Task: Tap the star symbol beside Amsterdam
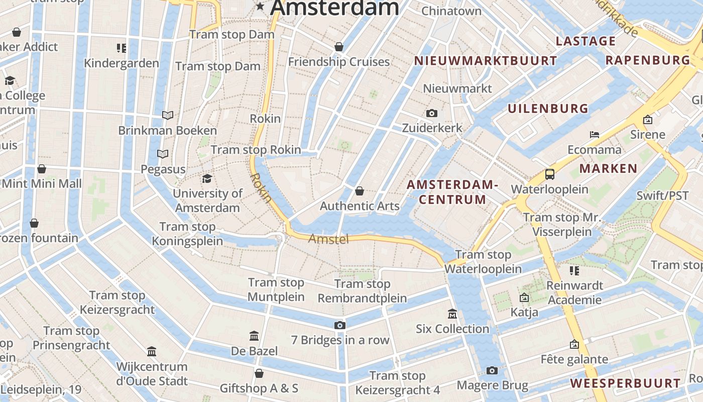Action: (x=260, y=6)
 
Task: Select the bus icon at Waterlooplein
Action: (x=550, y=174)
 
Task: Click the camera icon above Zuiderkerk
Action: (x=431, y=113)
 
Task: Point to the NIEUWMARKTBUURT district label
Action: (x=485, y=61)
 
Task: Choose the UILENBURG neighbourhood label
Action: (x=548, y=109)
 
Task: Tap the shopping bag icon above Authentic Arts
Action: (x=360, y=191)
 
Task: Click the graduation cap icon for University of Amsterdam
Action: (x=207, y=178)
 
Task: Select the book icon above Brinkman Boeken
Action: (x=168, y=115)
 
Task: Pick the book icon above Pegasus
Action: (x=163, y=154)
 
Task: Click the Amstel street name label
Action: (x=328, y=239)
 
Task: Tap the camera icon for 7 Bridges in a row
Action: (x=340, y=325)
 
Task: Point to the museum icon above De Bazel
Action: (x=254, y=336)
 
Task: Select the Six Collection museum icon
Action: (x=452, y=314)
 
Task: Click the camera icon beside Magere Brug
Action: (x=492, y=371)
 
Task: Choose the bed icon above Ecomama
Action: (x=595, y=135)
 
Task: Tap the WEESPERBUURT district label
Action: (x=625, y=383)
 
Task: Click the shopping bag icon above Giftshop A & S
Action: (x=259, y=373)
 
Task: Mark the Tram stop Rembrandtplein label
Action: (x=363, y=291)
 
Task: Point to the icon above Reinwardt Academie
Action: (x=574, y=271)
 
